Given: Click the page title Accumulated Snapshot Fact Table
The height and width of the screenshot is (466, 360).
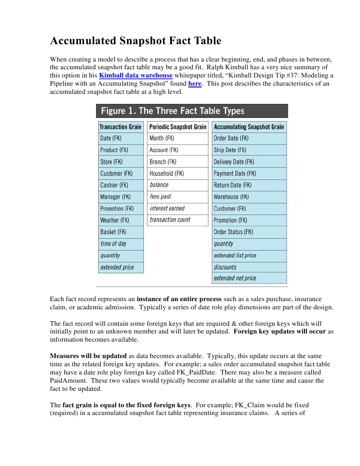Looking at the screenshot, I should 135,41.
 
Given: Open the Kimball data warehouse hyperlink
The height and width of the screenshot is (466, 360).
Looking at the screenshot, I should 136,75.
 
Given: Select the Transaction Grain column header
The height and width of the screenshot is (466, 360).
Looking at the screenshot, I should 121,127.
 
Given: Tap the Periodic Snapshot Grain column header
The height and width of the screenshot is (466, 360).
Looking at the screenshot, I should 177,127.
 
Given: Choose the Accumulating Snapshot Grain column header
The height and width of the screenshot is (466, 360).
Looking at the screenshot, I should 249,127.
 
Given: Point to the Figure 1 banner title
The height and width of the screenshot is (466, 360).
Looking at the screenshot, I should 172,111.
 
